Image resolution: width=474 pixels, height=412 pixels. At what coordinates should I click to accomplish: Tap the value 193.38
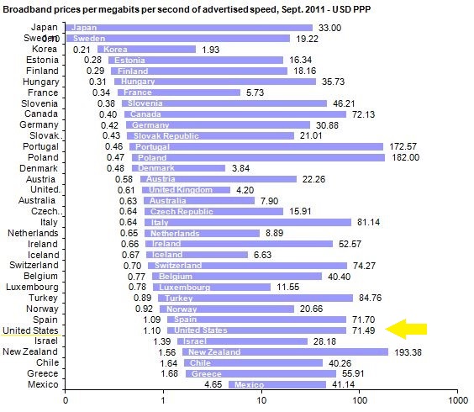click(411, 351)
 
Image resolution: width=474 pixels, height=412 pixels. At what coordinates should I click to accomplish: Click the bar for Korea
click(146, 50)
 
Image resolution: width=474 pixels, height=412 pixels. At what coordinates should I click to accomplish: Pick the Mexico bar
click(276, 384)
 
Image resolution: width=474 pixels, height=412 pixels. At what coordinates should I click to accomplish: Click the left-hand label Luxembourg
click(33, 287)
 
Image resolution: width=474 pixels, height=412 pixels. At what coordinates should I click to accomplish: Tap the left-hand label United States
click(31, 330)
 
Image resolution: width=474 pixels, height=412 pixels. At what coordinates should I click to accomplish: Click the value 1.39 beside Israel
click(164, 341)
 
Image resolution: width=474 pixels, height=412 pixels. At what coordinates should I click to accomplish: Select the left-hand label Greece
click(43, 373)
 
